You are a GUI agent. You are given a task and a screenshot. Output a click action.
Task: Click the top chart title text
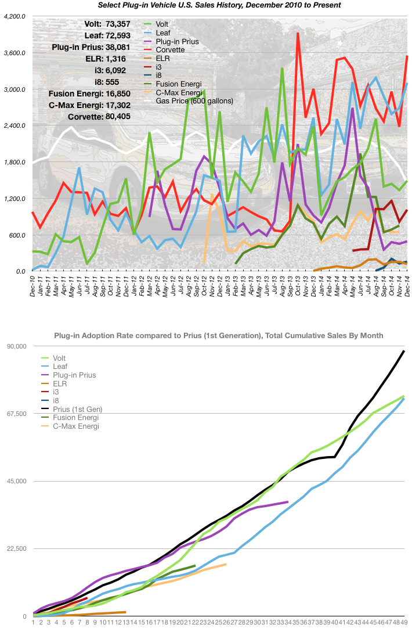tap(220, 5)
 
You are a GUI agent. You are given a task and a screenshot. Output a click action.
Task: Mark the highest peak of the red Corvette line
tap(298, 33)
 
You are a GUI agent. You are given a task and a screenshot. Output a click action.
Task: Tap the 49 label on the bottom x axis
tap(404, 622)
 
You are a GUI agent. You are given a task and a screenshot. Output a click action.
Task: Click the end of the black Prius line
tap(404, 351)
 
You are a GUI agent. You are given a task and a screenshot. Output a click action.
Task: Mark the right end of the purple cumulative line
tap(287, 502)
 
